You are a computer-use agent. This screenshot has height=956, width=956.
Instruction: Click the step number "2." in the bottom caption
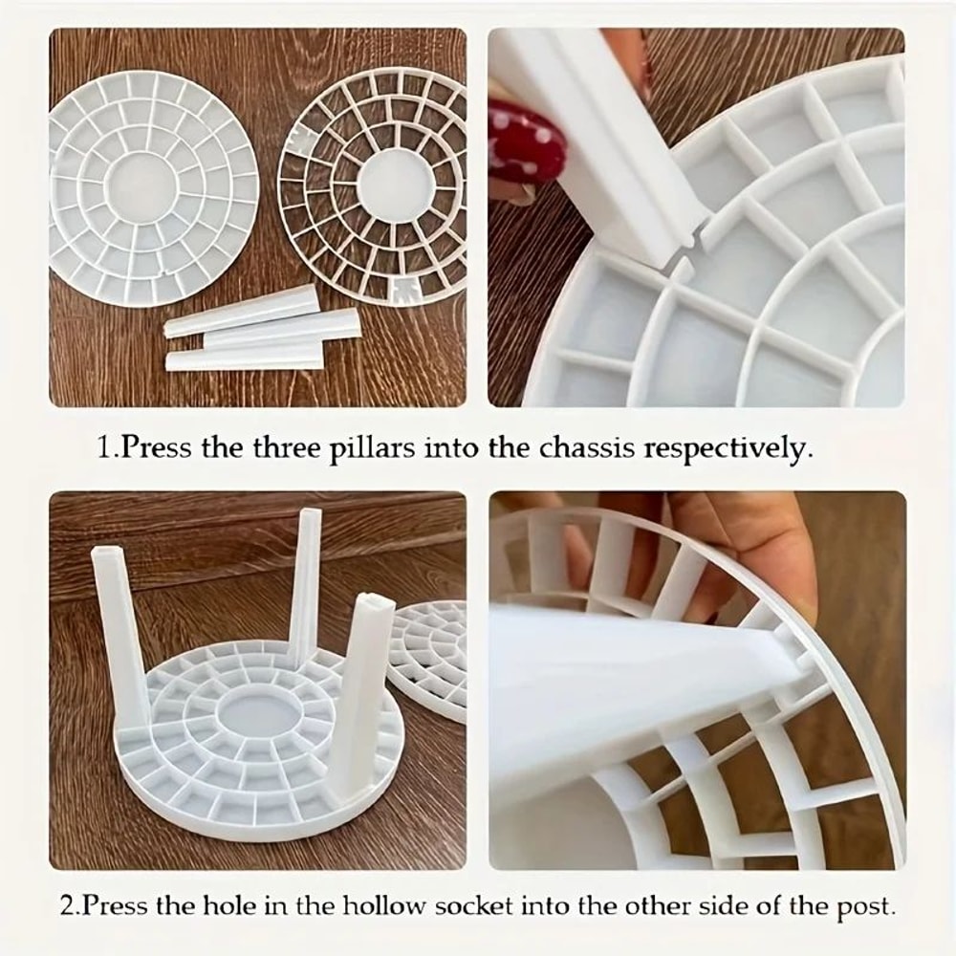pyautogui.click(x=71, y=905)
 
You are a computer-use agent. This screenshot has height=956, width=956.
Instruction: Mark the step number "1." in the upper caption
pyautogui.click(x=110, y=447)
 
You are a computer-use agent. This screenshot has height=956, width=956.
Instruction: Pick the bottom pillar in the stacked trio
pyautogui.click(x=244, y=359)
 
